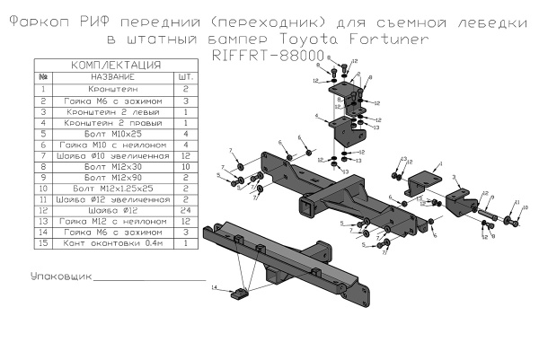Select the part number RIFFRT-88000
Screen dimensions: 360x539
(x=269, y=55)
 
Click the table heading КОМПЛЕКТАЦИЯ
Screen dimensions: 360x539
(x=115, y=66)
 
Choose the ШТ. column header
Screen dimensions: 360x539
(x=186, y=78)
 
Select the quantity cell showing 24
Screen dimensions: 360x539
(x=186, y=209)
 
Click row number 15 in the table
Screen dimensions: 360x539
(x=42, y=242)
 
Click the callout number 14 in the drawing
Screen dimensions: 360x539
(x=215, y=288)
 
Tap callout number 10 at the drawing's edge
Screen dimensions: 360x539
(x=526, y=207)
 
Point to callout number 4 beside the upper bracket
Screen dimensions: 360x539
(x=318, y=117)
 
